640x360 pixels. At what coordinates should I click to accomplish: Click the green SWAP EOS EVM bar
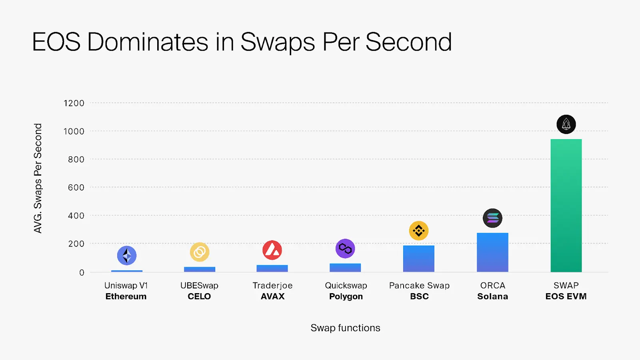[566, 206]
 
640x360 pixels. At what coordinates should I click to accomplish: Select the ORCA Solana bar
[492, 252]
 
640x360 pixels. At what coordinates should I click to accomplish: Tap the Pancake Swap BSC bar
[419, 259]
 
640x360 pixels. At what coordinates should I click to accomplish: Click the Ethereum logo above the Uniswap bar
[127, 255]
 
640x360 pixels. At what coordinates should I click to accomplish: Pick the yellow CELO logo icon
[200, 252]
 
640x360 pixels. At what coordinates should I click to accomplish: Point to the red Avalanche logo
[272, 250]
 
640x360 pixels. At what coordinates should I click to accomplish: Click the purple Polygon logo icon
[345, 248]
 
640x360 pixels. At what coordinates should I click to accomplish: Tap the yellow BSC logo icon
[419, 231]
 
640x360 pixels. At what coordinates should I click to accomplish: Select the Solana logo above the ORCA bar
[492, 218]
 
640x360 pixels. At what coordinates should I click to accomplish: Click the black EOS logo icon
[566, 124]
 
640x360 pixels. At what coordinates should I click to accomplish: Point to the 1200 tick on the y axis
[74, 103]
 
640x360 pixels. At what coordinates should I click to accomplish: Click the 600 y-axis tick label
[76, 188]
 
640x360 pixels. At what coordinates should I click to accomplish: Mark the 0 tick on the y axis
[82, 272]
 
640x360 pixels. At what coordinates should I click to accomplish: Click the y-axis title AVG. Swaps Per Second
[38, 178]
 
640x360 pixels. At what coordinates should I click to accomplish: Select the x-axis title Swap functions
[345, 328]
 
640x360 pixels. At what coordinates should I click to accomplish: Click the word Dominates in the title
[148, 42]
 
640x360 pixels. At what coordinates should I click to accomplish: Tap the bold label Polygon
[346, 296]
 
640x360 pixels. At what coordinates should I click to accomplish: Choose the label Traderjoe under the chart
[272, 286]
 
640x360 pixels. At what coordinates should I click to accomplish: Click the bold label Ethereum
[126, 296]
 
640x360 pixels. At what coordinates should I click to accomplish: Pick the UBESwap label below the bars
[199, 286]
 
